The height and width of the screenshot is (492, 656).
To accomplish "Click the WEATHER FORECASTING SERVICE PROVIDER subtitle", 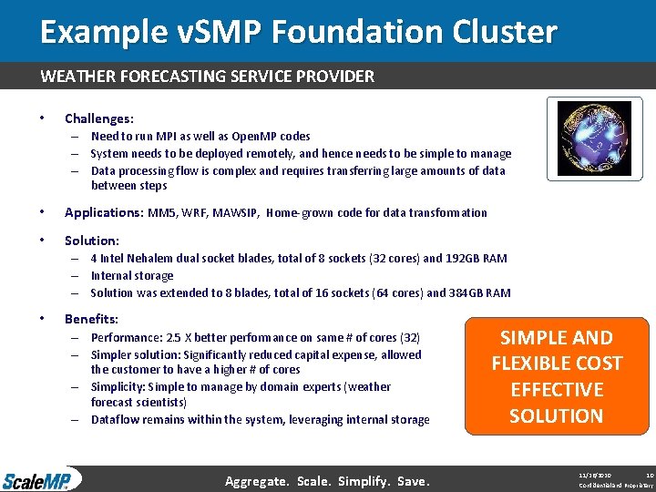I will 207,77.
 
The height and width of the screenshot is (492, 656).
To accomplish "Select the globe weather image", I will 593,138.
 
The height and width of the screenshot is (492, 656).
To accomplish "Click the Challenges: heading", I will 98,118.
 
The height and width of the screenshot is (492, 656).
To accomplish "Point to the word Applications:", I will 102,212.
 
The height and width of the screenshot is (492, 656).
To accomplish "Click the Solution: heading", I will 91,241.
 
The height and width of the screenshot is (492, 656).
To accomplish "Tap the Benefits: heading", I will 91,319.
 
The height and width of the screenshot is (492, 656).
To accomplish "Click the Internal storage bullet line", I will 132,276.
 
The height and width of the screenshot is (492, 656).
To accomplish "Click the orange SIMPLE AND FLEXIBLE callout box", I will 556,376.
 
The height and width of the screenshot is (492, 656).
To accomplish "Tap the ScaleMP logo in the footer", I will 40,479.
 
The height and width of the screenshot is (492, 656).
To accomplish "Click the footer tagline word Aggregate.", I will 258,480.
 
